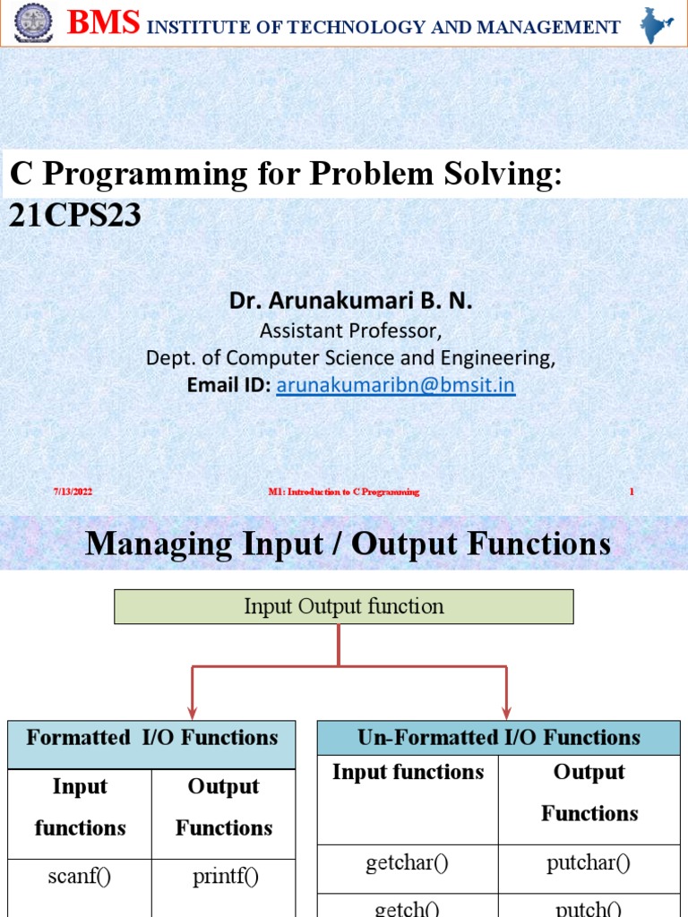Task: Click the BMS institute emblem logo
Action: [33, 22]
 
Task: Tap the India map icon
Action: [656, 25]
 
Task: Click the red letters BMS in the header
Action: [104, 22]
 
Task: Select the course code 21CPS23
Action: [75, 216]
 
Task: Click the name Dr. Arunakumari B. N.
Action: [350, 301]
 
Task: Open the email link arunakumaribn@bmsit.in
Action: [395, 385]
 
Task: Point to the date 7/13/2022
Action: [73, 492]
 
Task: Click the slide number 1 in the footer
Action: [632, 492]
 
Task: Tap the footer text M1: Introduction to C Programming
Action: [344, 492]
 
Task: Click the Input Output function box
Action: [343, 606]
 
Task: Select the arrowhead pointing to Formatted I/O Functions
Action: [192, 713]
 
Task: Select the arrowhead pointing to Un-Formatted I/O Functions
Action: [507, 713]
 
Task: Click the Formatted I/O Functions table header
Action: [151, 744]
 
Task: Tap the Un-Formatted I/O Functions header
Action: [499, 738]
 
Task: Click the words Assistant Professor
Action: [350, 331]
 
